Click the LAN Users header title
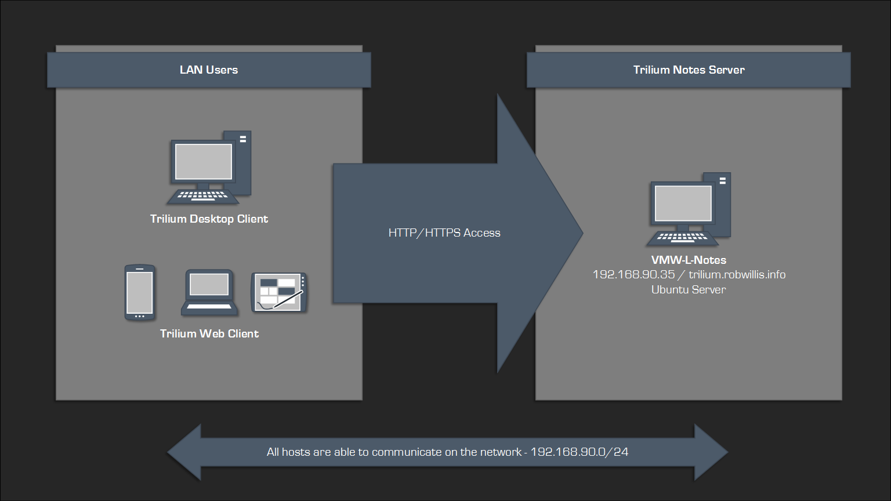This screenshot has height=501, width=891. [x=209, y=70]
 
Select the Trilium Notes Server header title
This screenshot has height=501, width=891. [x=689, y=70]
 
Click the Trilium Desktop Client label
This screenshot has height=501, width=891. [x=209, y=219]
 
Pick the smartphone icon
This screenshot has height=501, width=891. [x=140, y=292]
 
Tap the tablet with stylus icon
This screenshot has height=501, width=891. [x=279, y=292]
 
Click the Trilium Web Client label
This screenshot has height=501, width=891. [x=209, y=334]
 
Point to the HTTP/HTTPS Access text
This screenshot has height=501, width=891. [x=444, y=233]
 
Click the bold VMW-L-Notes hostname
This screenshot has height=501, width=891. [x=689, y=260]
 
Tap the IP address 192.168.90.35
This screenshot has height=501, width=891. [x=633, y=275]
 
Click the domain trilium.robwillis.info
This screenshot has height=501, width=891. [x=737, y=275]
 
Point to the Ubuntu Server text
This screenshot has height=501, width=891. [x=689, y=290]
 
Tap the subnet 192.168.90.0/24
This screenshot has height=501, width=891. [x=579, y=452]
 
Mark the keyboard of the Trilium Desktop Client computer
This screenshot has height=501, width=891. [x=202, y=196]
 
